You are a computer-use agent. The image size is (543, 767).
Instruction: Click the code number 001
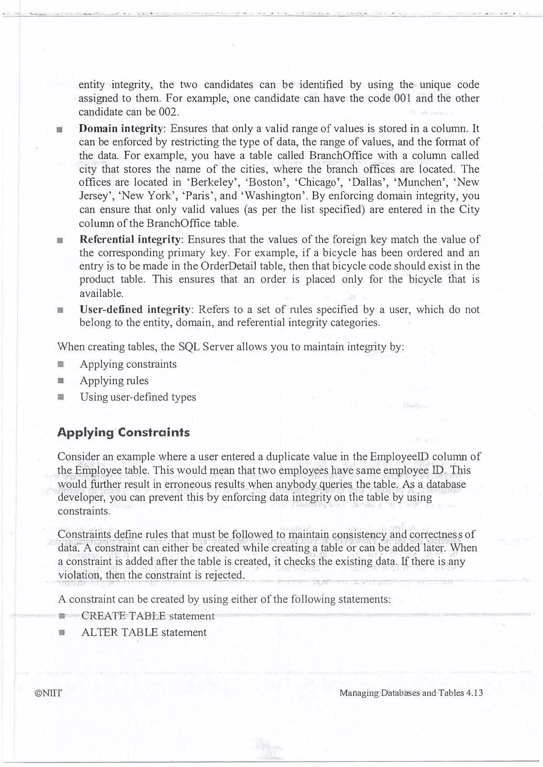click(x=401, y=98)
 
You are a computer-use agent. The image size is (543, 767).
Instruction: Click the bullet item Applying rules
click(x=114, y=381)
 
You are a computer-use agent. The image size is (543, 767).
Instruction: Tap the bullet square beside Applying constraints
click(x=60, y=364)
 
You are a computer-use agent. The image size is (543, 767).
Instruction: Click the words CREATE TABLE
click(x=123, y=616)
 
